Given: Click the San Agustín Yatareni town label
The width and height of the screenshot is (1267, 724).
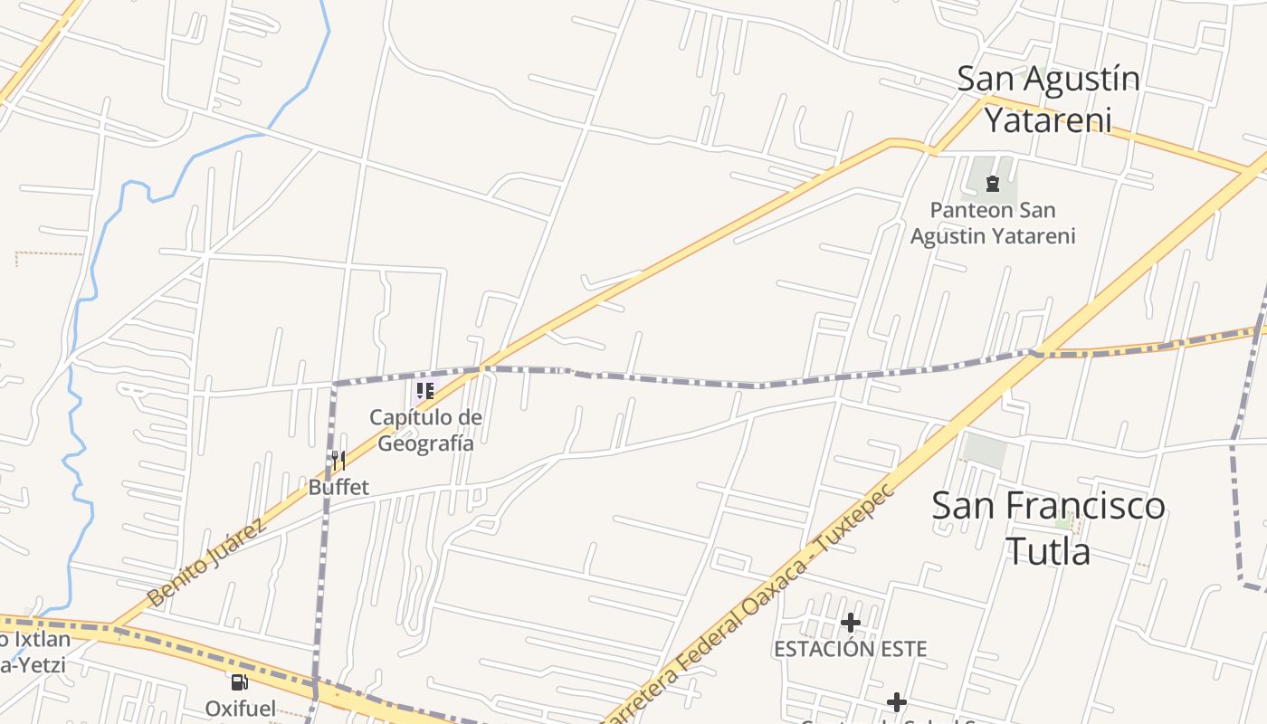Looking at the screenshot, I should (1048, 100).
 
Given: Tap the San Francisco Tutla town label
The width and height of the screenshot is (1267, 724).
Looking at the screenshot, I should (1048, 527).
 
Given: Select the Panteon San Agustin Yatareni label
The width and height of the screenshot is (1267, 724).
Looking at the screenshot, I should (993, 223).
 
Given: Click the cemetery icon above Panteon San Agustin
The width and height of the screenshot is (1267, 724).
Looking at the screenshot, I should (993, 184).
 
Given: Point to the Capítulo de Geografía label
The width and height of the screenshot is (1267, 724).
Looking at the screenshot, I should (425, 430).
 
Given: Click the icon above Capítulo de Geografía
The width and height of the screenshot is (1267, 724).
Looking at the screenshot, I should (425, 391).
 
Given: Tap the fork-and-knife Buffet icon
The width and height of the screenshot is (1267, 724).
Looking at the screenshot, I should (338, 461).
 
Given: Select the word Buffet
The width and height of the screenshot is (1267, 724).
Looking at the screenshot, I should (338, 487).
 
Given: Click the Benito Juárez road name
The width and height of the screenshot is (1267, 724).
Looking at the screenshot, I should (206, 563).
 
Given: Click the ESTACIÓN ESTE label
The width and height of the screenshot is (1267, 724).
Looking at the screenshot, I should (850, 649).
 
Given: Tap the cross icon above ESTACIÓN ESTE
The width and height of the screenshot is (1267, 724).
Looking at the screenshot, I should (850, 623).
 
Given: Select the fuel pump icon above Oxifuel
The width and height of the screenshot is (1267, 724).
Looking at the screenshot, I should (240, 682).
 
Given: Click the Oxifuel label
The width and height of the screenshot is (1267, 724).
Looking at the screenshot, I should (240, 708).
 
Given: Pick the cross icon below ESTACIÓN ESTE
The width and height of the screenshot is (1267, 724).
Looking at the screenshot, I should (896, 702).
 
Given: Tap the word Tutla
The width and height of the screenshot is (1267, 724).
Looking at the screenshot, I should (1048, 550).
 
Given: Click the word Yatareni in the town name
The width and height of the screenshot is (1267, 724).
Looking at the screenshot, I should (1047, 119).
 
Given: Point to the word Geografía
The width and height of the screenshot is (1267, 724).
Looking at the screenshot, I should (425, 443).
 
